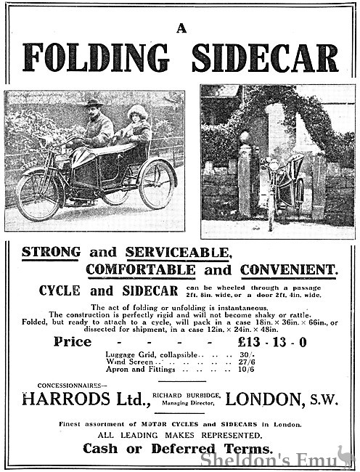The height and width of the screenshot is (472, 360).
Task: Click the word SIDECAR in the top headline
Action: tap(265, 58)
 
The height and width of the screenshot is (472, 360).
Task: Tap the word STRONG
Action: tap(51, 253)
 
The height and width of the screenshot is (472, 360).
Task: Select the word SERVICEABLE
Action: tap(178, 253)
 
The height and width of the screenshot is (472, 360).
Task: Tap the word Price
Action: tap(73, 341)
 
